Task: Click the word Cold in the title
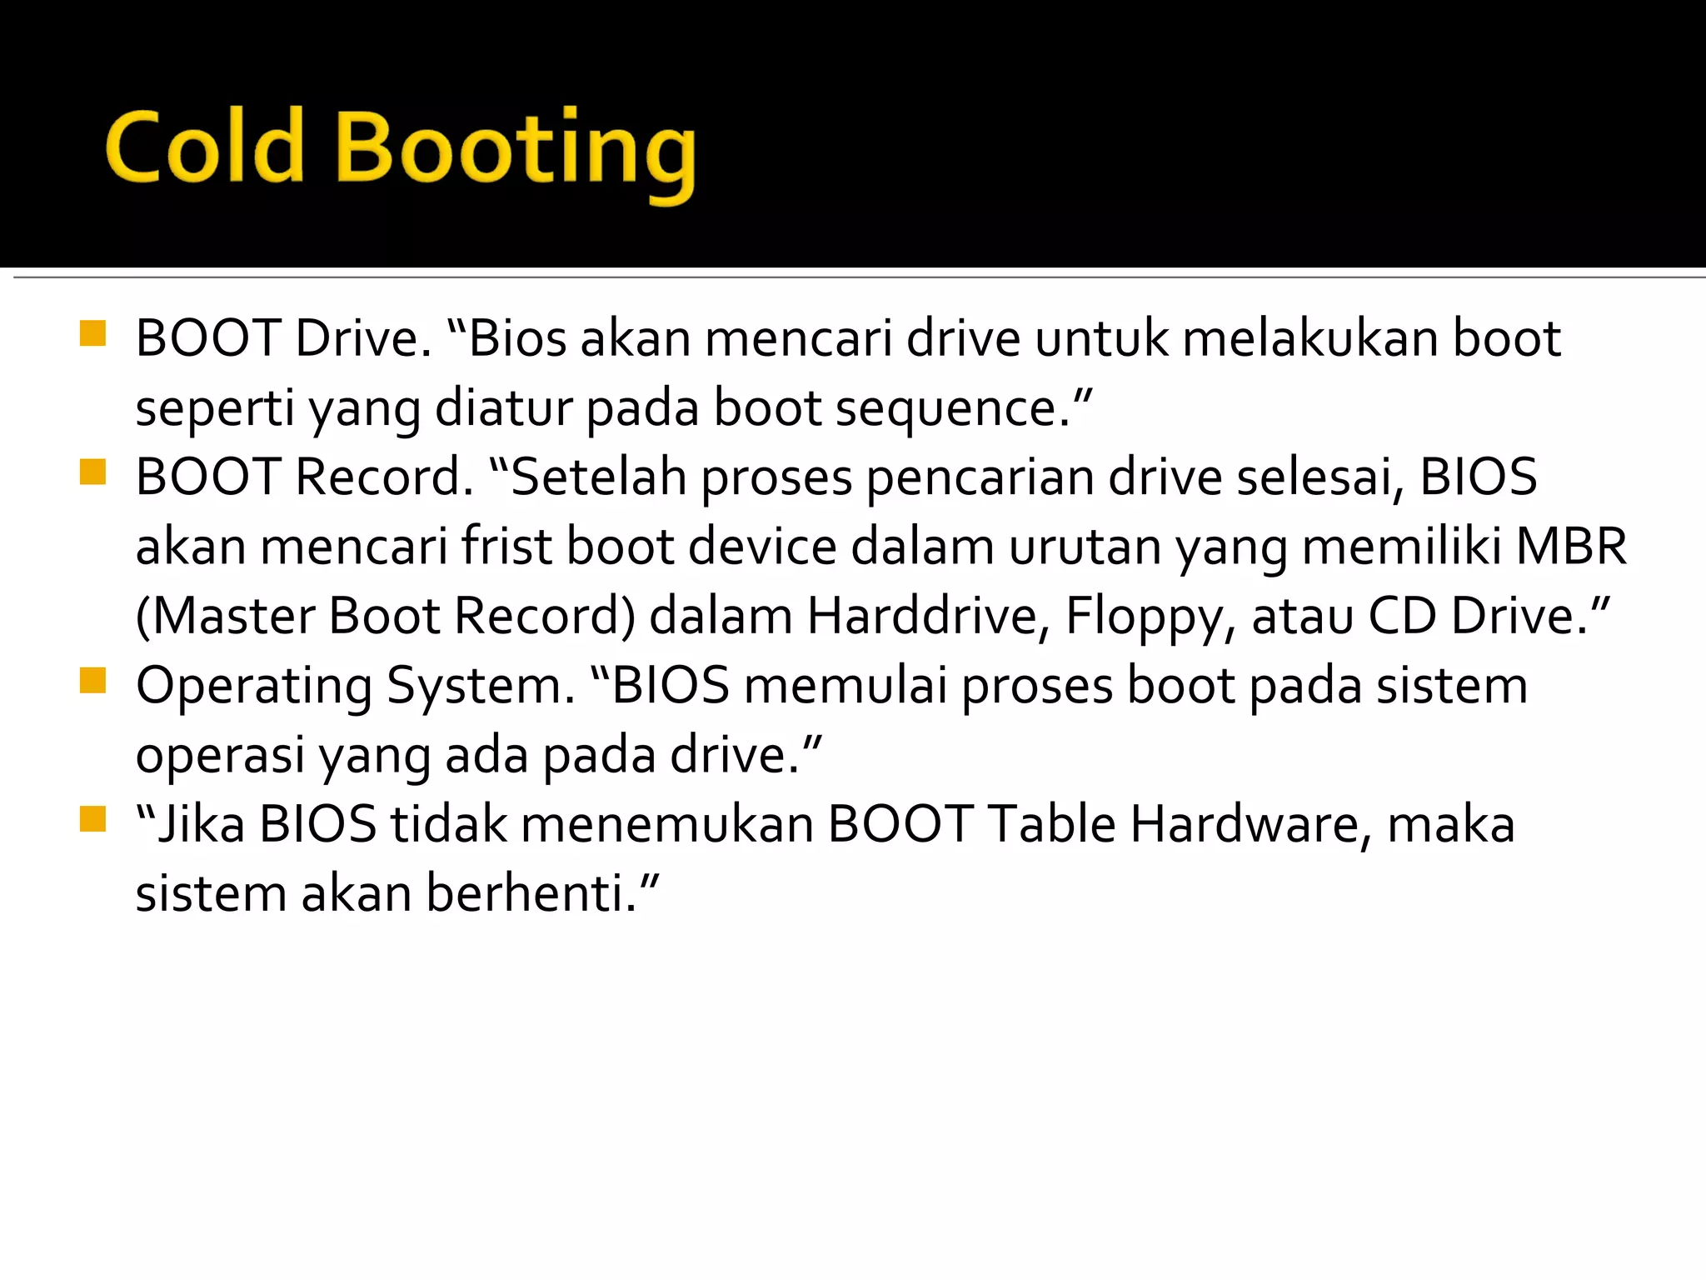click(204, 147)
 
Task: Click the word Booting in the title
click(516, 153)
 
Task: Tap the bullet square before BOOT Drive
click(93, 334)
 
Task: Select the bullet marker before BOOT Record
click(93, 472)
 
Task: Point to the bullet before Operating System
click(93, 681)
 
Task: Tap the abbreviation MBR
click(1571, 547)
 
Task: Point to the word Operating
click(254, 687)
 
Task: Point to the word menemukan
click(667, 825)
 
